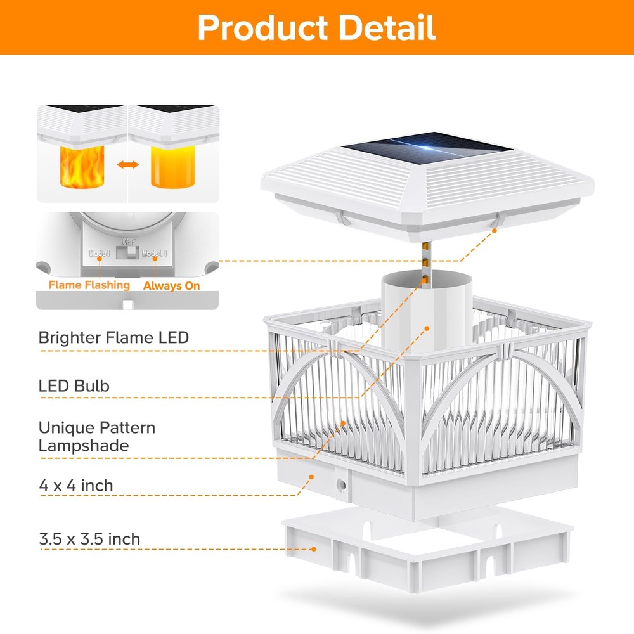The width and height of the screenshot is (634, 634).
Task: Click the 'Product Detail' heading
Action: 316,27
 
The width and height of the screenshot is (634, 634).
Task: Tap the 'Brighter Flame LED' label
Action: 113,338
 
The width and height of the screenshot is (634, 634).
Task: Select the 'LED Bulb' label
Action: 74,385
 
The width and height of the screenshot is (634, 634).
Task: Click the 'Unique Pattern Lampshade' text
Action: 97,437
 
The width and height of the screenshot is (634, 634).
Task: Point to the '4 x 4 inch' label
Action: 76,486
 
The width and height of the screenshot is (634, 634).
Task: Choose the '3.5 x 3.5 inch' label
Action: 89,539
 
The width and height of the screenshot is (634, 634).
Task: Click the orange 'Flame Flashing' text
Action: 89,285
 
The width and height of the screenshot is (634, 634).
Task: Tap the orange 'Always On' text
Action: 171,286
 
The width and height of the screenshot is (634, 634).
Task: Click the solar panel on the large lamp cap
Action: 427,148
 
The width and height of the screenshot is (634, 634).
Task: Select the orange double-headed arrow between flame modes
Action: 128,165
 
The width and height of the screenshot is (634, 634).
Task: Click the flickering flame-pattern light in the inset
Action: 82,167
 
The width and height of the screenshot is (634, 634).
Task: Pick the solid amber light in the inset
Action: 172,167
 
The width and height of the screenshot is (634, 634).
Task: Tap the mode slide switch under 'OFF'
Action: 127,253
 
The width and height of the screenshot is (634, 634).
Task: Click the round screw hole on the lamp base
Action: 341,484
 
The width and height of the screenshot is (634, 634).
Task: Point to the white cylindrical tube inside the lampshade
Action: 427,312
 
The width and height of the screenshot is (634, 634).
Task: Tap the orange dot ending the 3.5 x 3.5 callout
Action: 314,549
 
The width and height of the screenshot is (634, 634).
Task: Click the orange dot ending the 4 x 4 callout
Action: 311,477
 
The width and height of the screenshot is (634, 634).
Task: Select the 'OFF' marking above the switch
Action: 129,242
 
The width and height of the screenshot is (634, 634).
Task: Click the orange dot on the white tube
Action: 427,328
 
